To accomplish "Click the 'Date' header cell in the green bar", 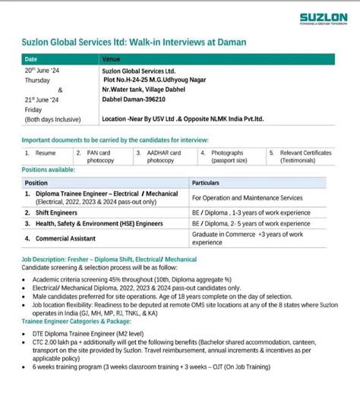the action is tap(31, 58).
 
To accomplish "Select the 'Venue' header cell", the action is tap(111, 58).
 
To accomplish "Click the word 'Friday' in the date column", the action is tap(34, 108).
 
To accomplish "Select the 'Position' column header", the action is tap(36, 183).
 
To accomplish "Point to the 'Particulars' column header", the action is tap(207, 183).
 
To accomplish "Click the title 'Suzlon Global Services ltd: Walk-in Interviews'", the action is tap(136, 42).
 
